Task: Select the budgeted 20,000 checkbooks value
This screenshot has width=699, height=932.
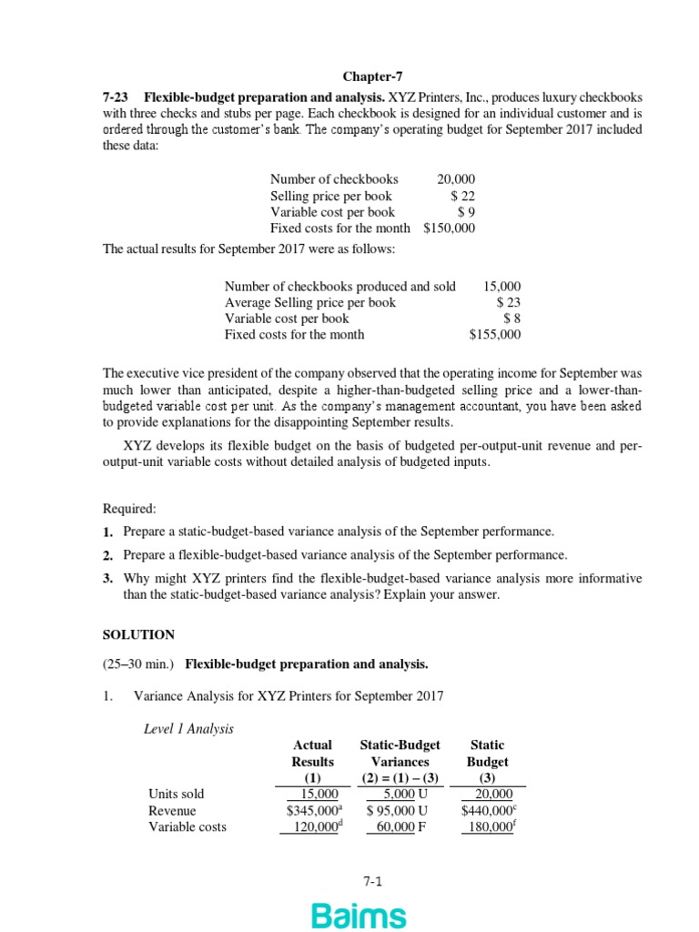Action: [456, 179]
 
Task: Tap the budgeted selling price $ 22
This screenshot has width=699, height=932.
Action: [462, 196]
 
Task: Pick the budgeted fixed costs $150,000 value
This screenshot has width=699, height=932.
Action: [449, 228]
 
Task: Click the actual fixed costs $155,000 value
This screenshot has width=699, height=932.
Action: [494, 334]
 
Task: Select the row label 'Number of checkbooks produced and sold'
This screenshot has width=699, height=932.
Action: [339, 286]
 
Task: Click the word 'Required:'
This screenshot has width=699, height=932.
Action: [128, 509]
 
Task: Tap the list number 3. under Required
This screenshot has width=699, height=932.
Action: [107, 578]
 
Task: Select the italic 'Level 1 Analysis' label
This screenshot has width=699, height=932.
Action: [189, 728]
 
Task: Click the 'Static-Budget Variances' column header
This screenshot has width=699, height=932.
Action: [400, 753]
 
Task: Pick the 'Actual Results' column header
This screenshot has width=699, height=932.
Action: [312, 753]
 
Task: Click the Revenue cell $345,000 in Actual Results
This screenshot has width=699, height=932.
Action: [309, 810]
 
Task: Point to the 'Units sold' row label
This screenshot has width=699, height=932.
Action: [176, 794]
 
